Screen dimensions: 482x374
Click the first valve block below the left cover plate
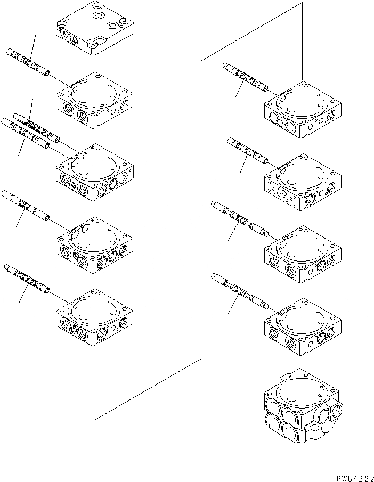[x=94, y=100]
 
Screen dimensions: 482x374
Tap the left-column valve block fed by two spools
[x=94, y=171]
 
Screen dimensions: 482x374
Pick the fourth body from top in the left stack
[x=94, y=244]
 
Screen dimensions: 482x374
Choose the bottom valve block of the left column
[x=94, y=316]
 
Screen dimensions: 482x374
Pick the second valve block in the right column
[x=303, y=183]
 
